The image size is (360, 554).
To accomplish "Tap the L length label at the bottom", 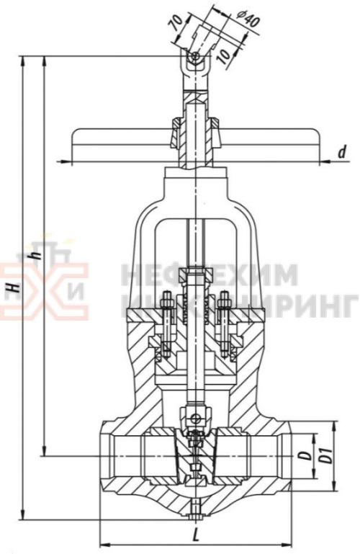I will tap(197, 535).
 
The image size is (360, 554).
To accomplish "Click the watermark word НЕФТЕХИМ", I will tap(209, 274).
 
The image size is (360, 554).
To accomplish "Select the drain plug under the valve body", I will tap(195, 511).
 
